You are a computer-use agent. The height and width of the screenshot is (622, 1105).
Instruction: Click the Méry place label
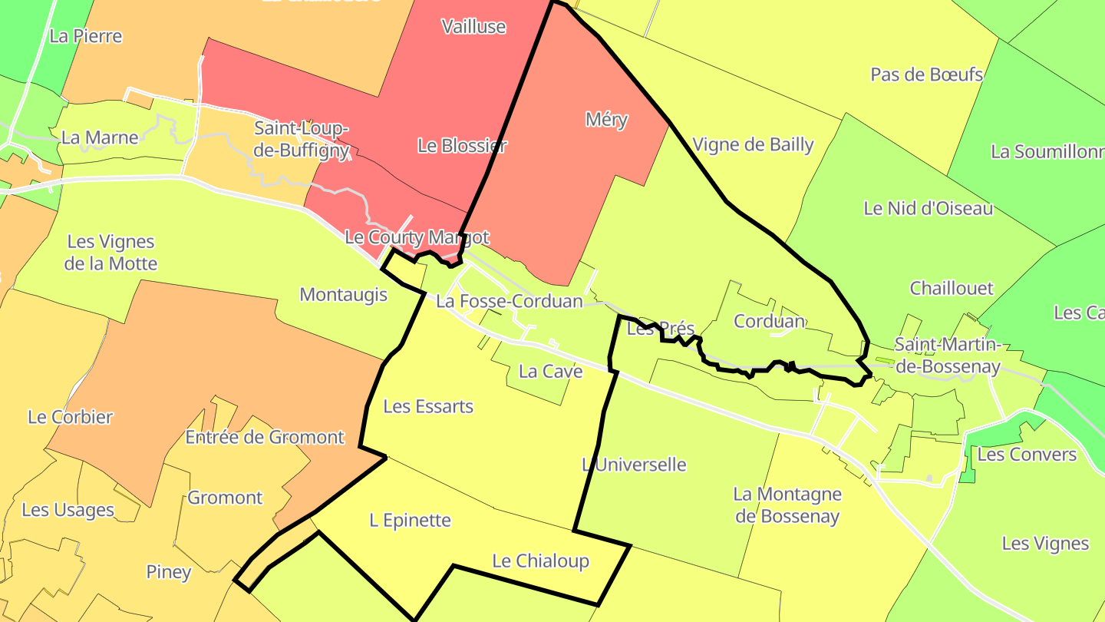coord(606,120)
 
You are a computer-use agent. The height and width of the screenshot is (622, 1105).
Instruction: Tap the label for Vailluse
coord(473,27)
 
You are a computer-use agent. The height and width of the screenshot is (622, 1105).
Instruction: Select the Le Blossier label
coord(462,145)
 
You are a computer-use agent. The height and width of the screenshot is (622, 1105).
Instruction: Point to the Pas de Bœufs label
coord(926,74)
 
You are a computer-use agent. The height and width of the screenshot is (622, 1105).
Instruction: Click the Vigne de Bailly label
coord(753,144)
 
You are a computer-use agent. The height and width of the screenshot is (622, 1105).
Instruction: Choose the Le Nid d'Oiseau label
coord(928,208)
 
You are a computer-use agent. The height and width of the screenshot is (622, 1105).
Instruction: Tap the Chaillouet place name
coord(952,289)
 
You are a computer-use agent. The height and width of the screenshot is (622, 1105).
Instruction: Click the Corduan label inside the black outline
coord(769,321)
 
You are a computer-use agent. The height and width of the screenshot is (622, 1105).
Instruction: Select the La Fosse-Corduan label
coord(510,301)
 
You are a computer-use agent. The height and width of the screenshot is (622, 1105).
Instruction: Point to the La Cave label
coord(550,372)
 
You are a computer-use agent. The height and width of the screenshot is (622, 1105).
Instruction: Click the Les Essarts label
coord(428,406)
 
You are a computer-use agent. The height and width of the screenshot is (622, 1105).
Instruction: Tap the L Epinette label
coord(410,521)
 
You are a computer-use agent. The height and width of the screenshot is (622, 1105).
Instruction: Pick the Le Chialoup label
coord(540,561)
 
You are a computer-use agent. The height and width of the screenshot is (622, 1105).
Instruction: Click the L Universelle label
coord(634,465)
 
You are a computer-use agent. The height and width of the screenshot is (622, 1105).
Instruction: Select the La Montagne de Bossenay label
coord(787,505)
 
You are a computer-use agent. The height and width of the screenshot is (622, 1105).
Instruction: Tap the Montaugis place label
coord(343,295)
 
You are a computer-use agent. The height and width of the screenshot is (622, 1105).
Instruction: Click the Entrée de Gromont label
coord(265,438)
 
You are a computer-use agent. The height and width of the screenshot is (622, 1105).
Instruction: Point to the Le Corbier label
coord(70,418)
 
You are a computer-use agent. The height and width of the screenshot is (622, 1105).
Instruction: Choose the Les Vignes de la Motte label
coord(112,253)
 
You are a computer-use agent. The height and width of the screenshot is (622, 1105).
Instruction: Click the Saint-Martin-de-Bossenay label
coord(948,355)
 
